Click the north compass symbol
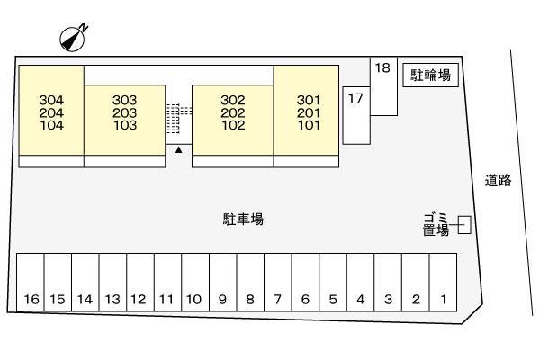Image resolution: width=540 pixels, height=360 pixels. pos(72,39)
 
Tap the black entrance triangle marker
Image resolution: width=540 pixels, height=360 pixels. pos(178,149)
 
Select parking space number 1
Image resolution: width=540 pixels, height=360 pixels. pos(443,283)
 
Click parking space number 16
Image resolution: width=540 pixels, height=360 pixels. pos(31,283)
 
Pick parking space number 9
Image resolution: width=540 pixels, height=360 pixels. pos(223,283)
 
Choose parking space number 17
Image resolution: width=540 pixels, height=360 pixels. pos(356,115)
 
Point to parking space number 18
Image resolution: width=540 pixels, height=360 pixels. pos(383,86)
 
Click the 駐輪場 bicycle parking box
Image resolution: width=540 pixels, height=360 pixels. pos(430,75)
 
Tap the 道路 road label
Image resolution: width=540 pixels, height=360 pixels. pos(498,181)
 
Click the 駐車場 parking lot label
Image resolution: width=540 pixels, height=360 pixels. pos(244,219)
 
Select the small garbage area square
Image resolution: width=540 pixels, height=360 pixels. pos(464,225)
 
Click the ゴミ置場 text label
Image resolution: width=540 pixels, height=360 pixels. pos(436,224)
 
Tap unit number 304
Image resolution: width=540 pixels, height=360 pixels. pos(51,100)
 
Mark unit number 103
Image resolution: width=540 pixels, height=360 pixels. pos(125,125)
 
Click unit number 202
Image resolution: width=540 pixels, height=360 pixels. pos(233,112)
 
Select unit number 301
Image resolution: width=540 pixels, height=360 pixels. pos(309,100)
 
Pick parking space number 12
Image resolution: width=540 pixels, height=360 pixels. pos(140,283)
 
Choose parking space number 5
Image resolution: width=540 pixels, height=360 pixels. pos(333,283)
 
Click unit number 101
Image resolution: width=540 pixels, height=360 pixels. pos(309,125)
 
